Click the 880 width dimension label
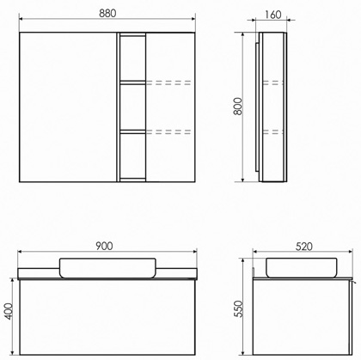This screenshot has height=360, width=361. pyautogui.click(x=107, y=14)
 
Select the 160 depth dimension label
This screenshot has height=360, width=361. pyautogui.click(x=272, y=15)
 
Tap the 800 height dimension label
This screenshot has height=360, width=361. pyautogui.click(x=238, y=107)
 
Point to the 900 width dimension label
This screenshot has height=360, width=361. pyautogui.click(x=104, y=246)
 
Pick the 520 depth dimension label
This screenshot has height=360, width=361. pyautogui.click(x=304, y=247)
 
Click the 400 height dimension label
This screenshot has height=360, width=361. pyautogui.click(x=9, y=311)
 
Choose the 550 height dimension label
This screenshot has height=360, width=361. pyautogui.click(x=238, y=308)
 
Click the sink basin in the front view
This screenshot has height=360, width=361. pyautogui.click(x=107, y=268)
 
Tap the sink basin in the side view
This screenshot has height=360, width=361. pyautogui.click(x=302, y=268)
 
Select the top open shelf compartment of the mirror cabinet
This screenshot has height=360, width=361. pyautogui.click(x=132, y=58)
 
